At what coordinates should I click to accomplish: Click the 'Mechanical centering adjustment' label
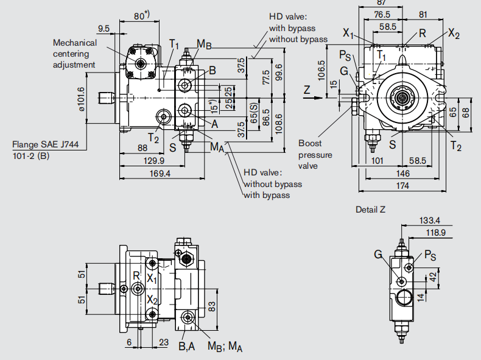pos(74,54)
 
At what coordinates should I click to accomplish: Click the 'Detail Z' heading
pos(370,210)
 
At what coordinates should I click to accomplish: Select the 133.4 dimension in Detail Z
pos(430,220)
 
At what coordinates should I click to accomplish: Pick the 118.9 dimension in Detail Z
pos(435,232)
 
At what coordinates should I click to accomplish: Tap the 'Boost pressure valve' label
pos(315,155)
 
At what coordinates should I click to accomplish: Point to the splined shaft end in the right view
pos(402,97)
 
